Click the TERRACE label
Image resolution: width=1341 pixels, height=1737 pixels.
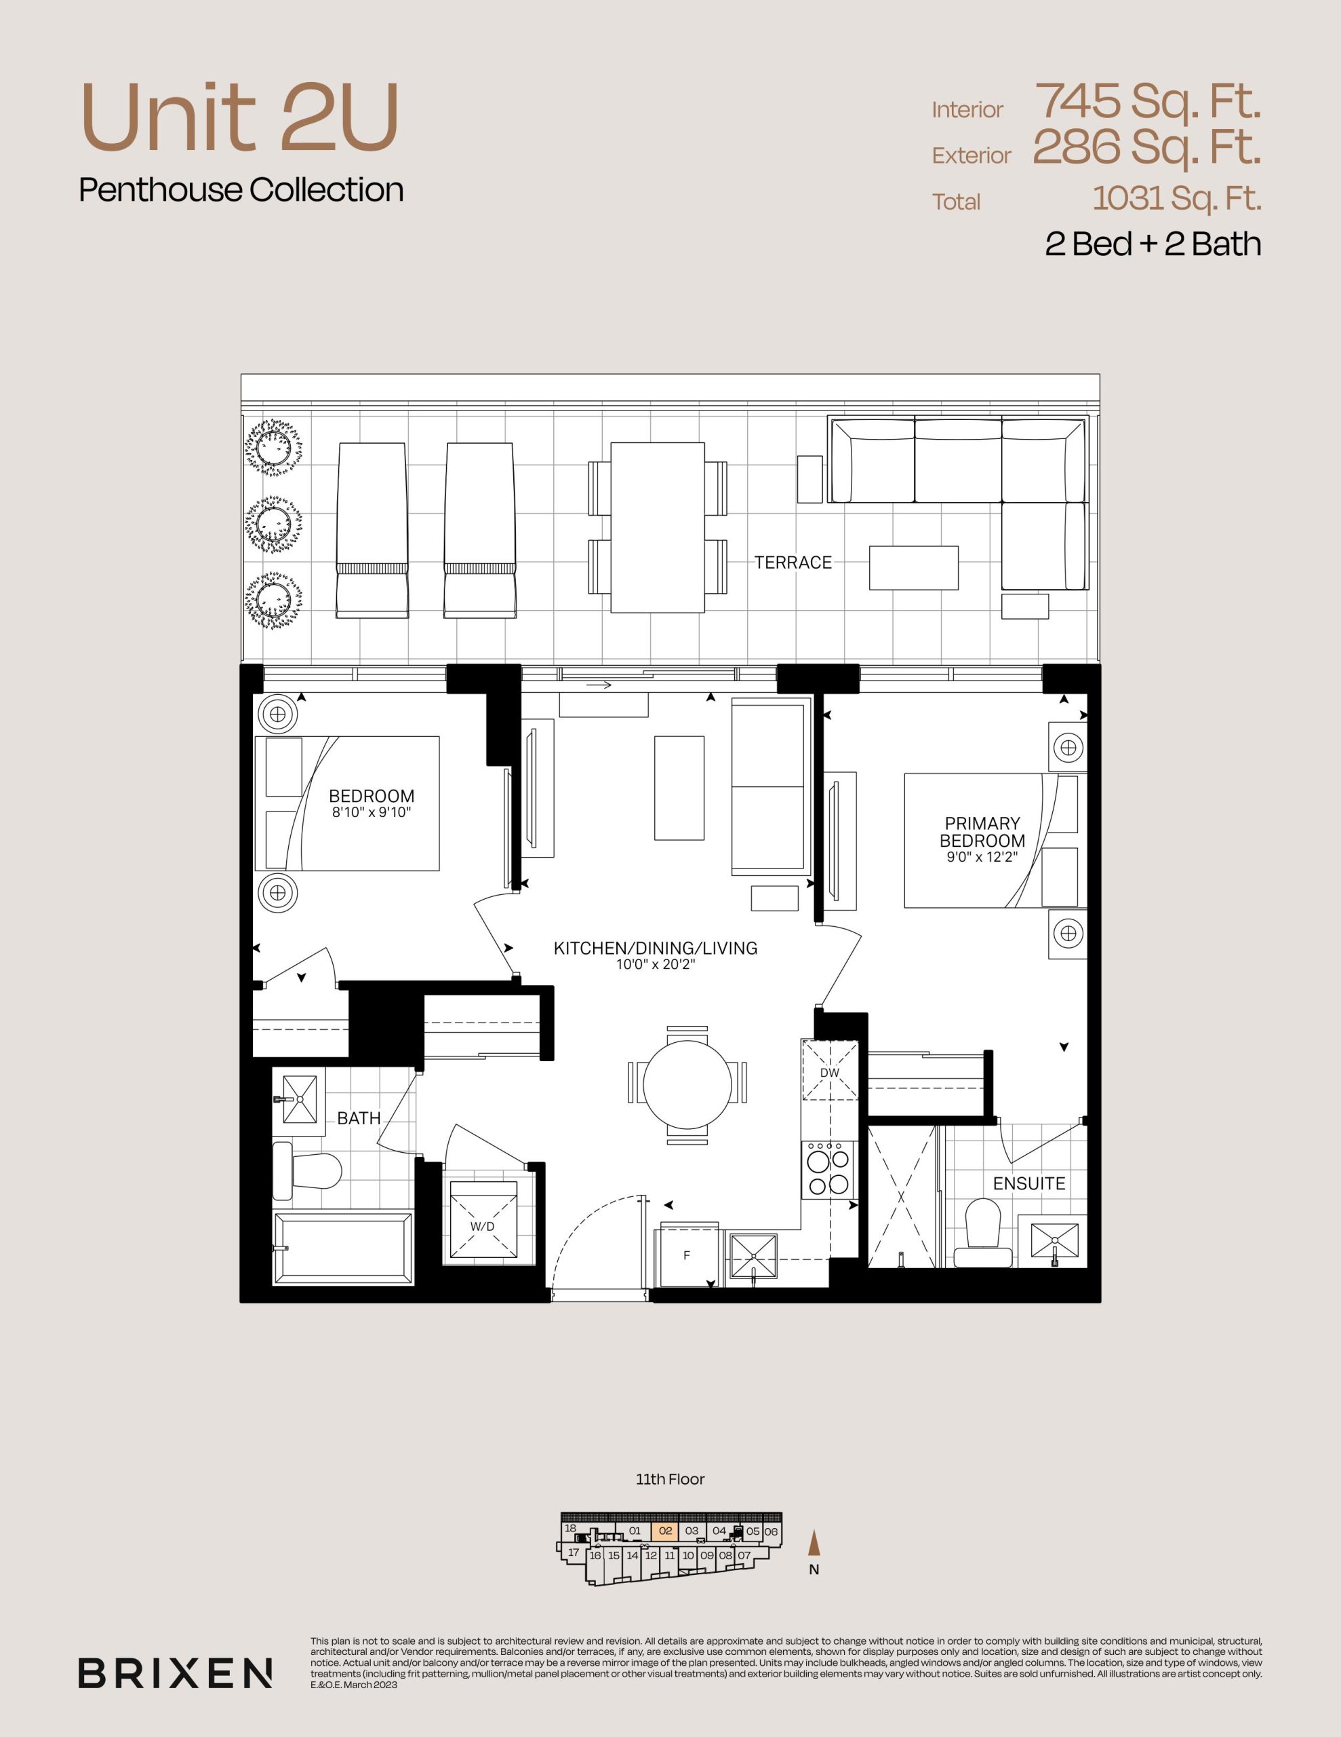(793, 562)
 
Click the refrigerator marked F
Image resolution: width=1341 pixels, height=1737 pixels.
(687, 1255)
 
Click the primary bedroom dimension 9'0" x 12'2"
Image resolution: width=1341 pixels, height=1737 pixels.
(982, 858)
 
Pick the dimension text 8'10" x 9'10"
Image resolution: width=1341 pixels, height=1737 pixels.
(372, 813)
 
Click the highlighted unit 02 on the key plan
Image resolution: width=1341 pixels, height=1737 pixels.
(665, 1531)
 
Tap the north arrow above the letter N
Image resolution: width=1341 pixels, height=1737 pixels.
(813, 1543)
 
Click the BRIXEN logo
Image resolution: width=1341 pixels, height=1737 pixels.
(175, 1673)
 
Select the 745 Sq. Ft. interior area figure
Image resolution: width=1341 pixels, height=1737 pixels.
(1148, 102)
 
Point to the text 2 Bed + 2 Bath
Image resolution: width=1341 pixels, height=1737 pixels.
(1153, 244)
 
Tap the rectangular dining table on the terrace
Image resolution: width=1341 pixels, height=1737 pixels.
(658, 527)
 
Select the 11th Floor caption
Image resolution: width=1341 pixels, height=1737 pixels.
(670, 1479)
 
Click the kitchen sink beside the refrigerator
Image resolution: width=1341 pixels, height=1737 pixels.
(753, 1257)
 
